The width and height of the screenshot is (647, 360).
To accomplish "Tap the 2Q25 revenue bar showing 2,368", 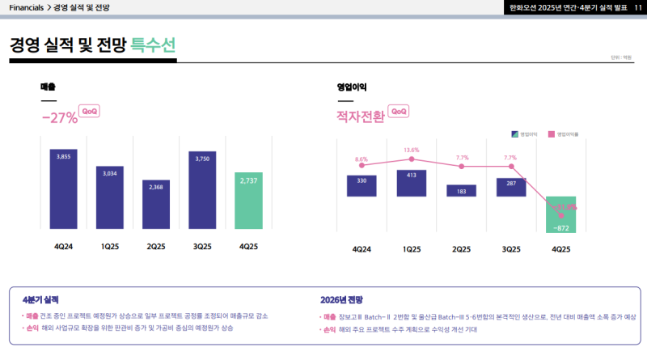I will click(x=156, y=205).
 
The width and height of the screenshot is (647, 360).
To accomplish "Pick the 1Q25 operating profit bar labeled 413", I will click(x=411, y=182).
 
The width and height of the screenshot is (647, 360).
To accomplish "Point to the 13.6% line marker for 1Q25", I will click(x=412, y=159).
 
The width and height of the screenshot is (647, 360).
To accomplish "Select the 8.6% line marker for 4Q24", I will click(x=362, y=166).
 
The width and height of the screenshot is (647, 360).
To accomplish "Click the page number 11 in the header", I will click(x=637, y=7).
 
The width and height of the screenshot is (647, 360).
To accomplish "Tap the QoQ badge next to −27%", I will click(x=91, y=112).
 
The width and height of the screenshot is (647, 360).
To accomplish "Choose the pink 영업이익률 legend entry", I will click(x=564, y=133).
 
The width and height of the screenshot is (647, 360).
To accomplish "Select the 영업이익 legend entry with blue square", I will click(x=526, y=133).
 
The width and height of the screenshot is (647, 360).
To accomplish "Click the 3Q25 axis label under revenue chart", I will click(x=203, y=246).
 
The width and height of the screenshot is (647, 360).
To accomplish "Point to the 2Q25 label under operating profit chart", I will click(x=461, y=249).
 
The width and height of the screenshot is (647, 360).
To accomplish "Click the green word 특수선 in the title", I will click(x=153, y=44).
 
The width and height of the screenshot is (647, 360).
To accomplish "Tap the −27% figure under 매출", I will click(x=59, y=118).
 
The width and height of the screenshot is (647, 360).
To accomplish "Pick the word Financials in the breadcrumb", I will click(x=27, y=7).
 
